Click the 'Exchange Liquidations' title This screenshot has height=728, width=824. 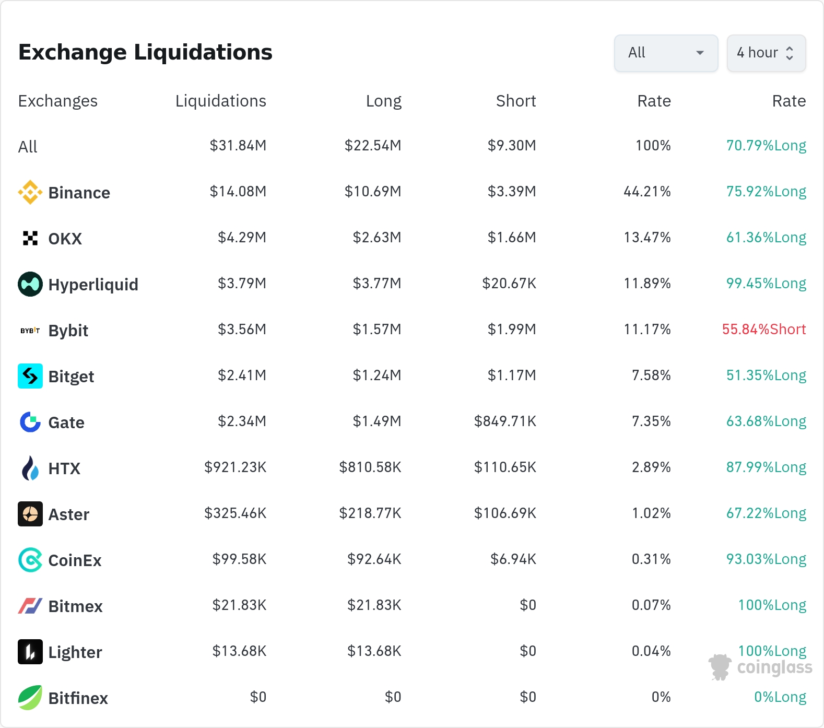coord(145,52)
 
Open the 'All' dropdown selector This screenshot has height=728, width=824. coord(666,53)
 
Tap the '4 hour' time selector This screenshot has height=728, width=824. coord(766,53)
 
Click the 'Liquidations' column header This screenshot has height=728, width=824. coord(220,101)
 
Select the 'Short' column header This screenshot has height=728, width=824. coord(516,101)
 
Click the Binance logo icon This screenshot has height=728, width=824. coord(30,192)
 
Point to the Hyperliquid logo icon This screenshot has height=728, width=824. coord(30,284)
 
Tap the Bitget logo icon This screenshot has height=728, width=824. coord(30,376)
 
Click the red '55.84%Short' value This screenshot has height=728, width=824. coord(764,329)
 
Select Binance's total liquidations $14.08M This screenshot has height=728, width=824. coord(238,191)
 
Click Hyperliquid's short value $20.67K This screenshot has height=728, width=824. coord(509,283)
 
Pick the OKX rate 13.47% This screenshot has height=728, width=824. coord(647,237)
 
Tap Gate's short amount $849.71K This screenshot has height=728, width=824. coord(505,421)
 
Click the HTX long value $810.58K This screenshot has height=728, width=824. coord(370,467)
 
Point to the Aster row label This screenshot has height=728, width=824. coord(69,514)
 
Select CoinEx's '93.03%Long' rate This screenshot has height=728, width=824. coord(766,559)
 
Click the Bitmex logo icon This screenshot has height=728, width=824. coord(30,606)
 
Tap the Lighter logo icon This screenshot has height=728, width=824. coord(30,652)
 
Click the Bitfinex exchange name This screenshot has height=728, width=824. coord(78,698)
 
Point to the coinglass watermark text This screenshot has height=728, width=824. coord(775,667)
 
